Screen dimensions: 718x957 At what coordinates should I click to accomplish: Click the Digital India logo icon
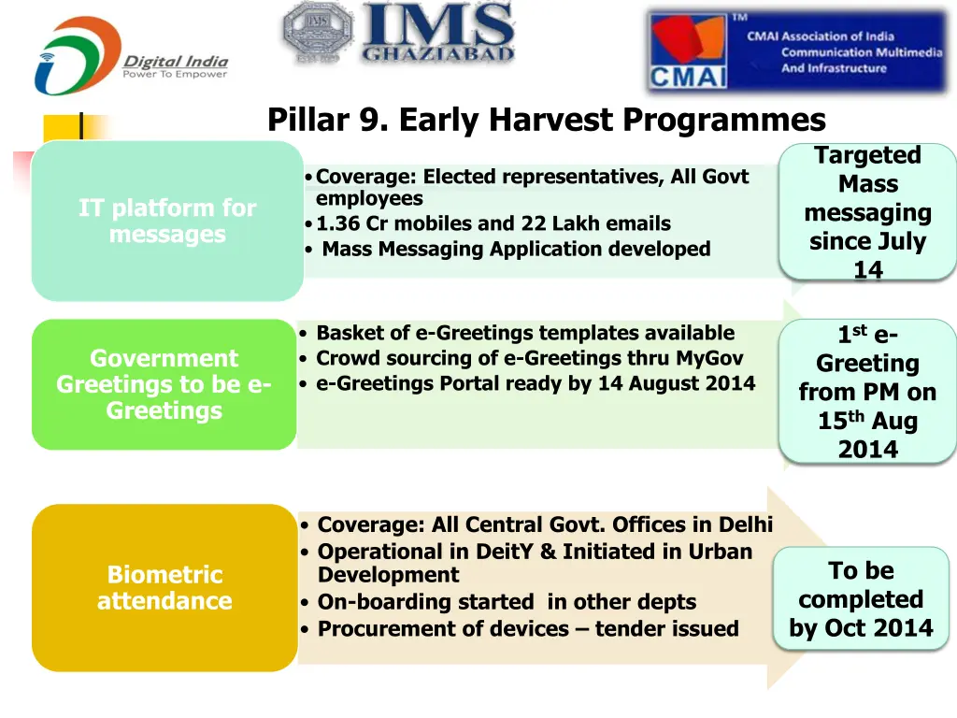(x=77, y=56)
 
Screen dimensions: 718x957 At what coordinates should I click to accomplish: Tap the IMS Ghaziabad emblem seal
(x=318, y=34)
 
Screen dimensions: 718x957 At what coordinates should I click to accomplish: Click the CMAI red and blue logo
(x=688, y=50)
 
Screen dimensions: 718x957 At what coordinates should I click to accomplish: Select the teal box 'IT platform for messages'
(x=167, y=221)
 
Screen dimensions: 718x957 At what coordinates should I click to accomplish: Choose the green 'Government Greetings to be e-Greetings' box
(x=164, y=384)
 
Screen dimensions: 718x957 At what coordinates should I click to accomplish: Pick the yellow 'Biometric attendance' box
(x=164, y=587)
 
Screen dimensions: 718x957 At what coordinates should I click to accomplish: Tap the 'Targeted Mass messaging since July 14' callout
(x=867, y=212)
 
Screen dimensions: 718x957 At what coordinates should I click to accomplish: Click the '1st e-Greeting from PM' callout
(x=867, y=392)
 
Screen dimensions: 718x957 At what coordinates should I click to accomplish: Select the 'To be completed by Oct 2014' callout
(x=861, y=599)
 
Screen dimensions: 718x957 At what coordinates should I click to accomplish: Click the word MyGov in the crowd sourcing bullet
(x=709, y=358)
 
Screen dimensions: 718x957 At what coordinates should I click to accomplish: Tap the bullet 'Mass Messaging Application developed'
(x=515, y=249)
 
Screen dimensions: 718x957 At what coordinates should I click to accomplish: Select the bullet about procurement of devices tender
(x=527, y=628)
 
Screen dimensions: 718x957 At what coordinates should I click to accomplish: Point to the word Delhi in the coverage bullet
(x=745, y=525)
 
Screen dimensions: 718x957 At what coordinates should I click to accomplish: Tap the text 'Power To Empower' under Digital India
(x=175, y=75)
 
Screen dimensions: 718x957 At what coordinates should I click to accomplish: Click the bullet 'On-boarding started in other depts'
(x=507, y=602)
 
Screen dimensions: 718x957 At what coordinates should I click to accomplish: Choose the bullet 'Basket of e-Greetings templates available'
(x=524, y=333)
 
